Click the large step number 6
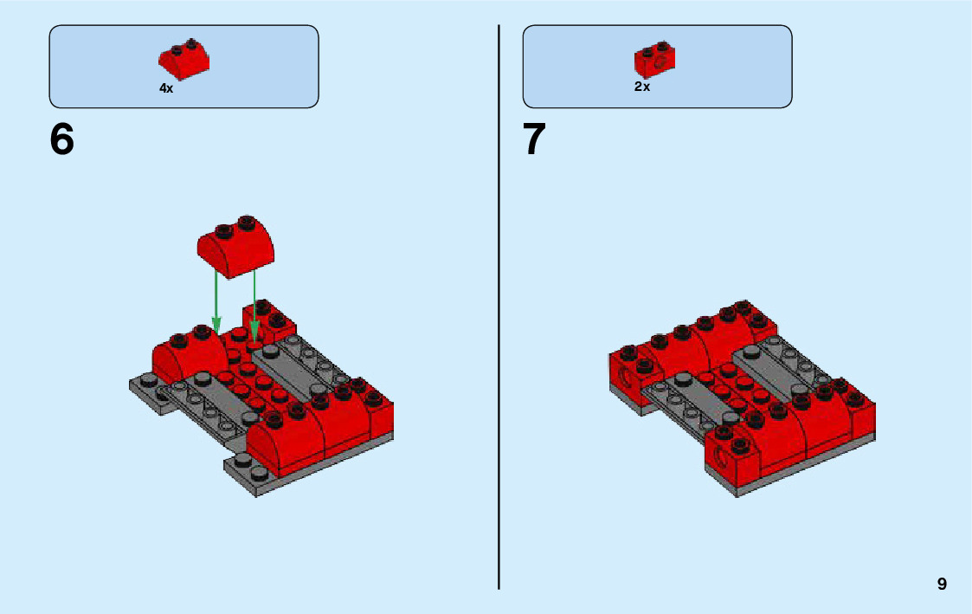tap(62, 139)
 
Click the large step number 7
tap(535, 139)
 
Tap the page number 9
tap(942, 585)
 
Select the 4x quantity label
tap(166, 88)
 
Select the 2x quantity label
tap(641, 87)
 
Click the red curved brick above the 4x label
tap(183, 57)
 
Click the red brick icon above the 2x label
tap(654, 57)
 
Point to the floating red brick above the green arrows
tap(235, 245)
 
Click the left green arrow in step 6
tap(216, 299)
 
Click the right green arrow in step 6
tap(254, 303)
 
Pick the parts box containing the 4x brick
tap(183, 66)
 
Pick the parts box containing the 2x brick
tap(657, 66)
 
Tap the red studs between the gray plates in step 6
tap(251, 381)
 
